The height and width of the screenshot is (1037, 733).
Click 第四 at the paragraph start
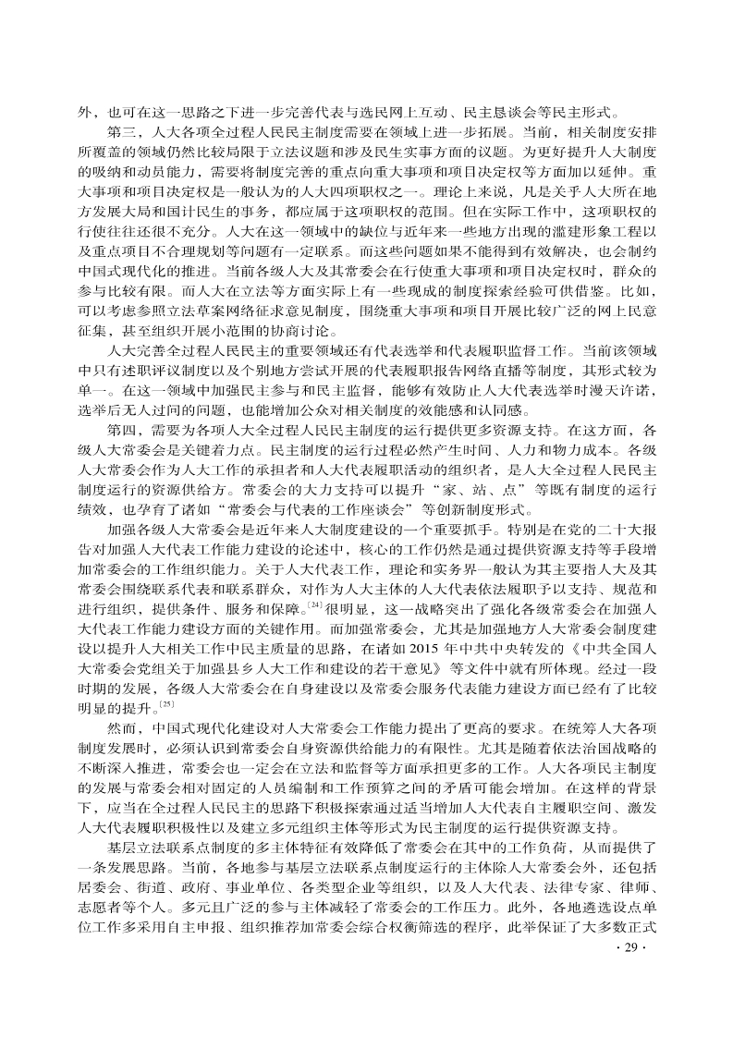(x=122, y=431)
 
